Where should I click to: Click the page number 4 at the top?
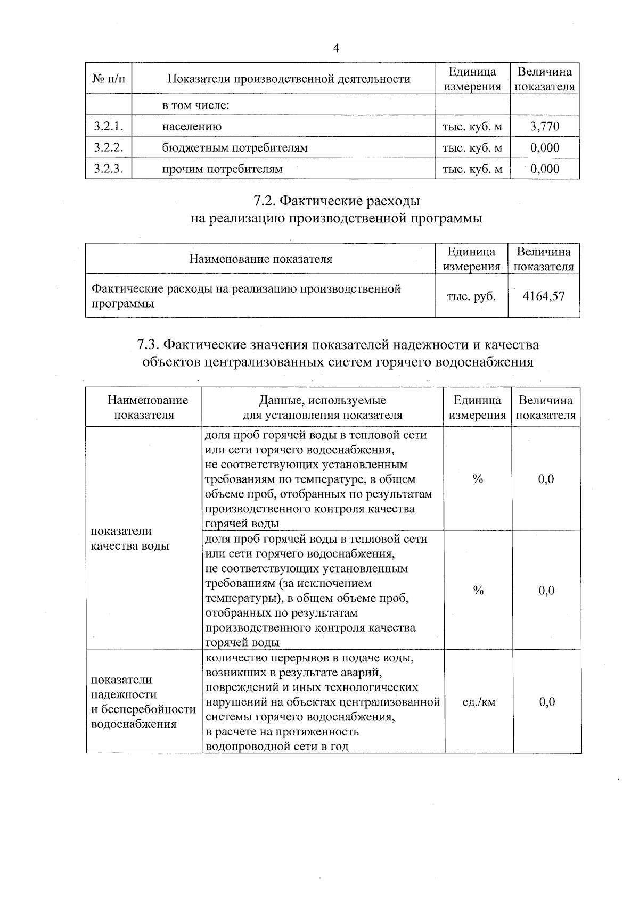click(335, 48)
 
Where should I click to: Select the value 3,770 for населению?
click(545, 127)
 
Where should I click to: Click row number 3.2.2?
click(109, 148)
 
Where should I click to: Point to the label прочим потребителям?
click(222, 169)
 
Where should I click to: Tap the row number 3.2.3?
click(109, 169)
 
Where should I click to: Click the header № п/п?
click(109, 79)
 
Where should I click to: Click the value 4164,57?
click(543, 296)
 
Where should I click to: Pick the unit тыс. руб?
click(471, 296)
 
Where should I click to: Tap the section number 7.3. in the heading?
click(148, 345)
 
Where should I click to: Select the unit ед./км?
click(479, 702)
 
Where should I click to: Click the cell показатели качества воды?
click(130, 539)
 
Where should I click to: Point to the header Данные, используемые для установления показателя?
click(322, 408)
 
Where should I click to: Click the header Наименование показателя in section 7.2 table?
click(260, 259)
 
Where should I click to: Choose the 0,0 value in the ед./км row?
click(546, 702)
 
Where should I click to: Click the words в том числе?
click(195, 105)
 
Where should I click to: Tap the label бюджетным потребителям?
click(235, 148)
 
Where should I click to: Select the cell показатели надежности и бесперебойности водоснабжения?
click(143, 701)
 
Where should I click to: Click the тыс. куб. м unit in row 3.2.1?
click(472, 127)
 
